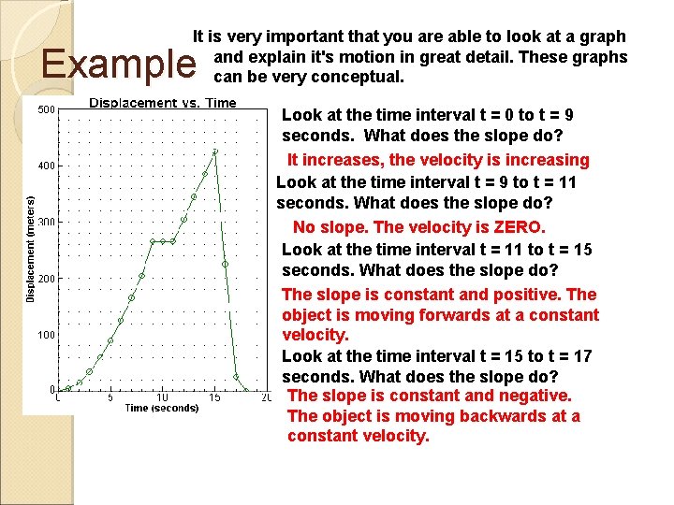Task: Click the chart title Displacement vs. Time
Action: [x=163, y=103]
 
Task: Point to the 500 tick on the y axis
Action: [x=45, y=110]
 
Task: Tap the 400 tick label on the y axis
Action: [x=45, y=166]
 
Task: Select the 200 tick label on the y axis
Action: [x=45, y=279]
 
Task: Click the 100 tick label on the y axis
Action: [x=45, y=335]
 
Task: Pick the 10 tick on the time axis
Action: [x=162, y=397]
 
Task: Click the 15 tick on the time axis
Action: [x=215, y=397]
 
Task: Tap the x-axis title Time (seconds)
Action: [x=161, y=408]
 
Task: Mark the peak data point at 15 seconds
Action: [x=215, y=151]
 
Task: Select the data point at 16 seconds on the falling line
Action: [x=226, y=265]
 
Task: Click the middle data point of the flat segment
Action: [x=163, y=241]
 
